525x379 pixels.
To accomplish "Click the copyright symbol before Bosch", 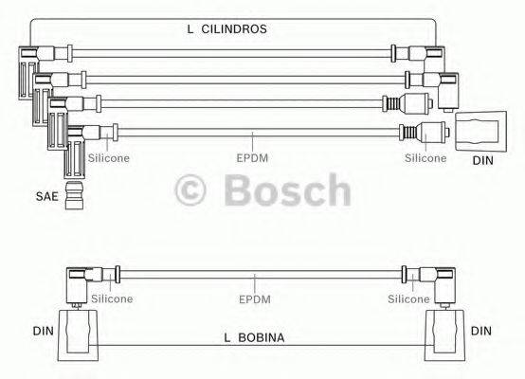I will point(195,191).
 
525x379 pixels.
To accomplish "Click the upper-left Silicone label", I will point(111,158).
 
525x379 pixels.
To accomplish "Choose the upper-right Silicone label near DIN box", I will point(425,158).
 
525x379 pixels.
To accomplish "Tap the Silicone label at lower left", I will point(111,298).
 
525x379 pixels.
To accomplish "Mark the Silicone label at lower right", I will point(409,298).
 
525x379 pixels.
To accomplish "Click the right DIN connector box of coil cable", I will point(444,333).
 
